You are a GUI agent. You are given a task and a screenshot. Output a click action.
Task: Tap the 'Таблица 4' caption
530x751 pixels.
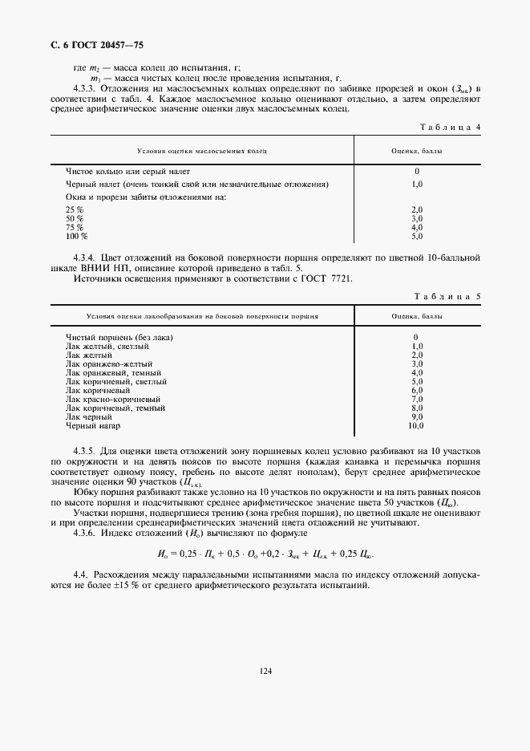click(x=450, y=127)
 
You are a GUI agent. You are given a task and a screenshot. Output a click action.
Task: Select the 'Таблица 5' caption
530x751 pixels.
click(x=450, y=297)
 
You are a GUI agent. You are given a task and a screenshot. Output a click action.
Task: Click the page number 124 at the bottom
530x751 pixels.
click(x=265, y=670)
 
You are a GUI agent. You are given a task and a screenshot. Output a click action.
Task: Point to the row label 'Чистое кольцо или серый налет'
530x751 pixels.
click(x=121, y=171)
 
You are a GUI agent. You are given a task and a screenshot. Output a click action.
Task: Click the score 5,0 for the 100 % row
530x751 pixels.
click(x=416, y=237)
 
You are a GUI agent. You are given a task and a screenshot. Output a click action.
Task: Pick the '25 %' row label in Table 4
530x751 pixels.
click(x=75, y=209)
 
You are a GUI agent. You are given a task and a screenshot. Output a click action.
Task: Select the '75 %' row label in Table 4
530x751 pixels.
click(x=75, y=228)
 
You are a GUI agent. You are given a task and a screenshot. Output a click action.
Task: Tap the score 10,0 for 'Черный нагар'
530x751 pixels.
click(x=416, y=425)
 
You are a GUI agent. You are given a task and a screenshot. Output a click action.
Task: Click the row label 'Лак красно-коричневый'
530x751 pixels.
click(x=113, y=399)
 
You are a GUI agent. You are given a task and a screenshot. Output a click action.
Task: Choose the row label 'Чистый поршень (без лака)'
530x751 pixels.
click(x=119, y=337)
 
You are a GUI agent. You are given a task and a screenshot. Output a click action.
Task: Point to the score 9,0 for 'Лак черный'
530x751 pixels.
click(x=416, y=416)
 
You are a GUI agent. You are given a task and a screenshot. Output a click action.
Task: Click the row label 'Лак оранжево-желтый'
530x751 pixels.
click(x=110, y=363)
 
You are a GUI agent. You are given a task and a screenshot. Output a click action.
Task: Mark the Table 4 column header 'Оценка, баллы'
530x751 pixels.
click(x=416, y=151)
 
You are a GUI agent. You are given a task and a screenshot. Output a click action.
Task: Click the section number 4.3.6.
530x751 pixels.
click(x=87, y=534)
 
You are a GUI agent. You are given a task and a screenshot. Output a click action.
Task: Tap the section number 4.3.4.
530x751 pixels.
click(x=87, y=258)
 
